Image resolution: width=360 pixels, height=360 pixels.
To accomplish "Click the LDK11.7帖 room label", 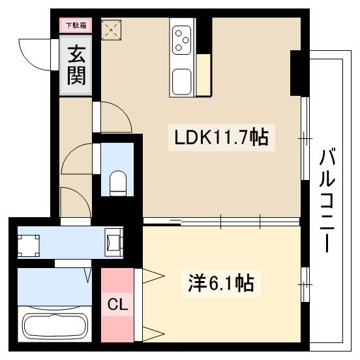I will tap(220, 138).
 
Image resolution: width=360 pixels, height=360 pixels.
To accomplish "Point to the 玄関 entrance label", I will tap(76, 65).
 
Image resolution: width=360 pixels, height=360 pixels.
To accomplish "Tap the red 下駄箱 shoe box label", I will tap(76, 25).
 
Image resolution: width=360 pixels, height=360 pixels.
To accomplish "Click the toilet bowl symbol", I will tap(118, 183).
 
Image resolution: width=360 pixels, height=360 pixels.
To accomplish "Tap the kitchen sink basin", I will tap(182, 83).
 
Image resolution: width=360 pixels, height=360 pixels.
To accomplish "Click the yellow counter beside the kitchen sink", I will tap(203, 75).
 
